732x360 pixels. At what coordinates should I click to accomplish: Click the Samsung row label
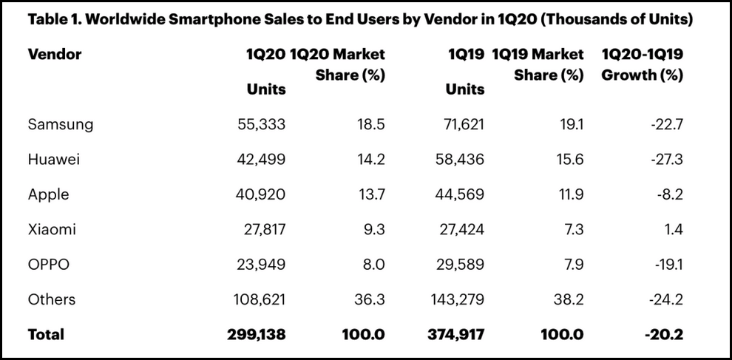tap(61, 124)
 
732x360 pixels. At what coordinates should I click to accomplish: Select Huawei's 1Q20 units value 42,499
tap(257, 160)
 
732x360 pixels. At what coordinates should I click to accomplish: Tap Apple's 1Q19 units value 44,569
tap(456, 194)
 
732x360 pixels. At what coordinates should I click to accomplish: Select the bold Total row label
tap(46, 335)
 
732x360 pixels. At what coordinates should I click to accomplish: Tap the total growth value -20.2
tap(662, 335)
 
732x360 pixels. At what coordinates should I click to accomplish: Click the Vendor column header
tap(55, 55)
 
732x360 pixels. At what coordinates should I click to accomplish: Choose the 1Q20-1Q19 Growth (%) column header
tap(642, 65)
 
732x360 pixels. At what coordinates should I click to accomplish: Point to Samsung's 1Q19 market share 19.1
tap(569, 124)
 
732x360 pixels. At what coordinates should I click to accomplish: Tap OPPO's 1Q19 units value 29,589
tap(456, 265)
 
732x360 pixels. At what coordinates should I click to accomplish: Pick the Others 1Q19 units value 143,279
tap(453, 299)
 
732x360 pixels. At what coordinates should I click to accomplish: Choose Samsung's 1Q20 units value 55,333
tap(257, 124)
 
